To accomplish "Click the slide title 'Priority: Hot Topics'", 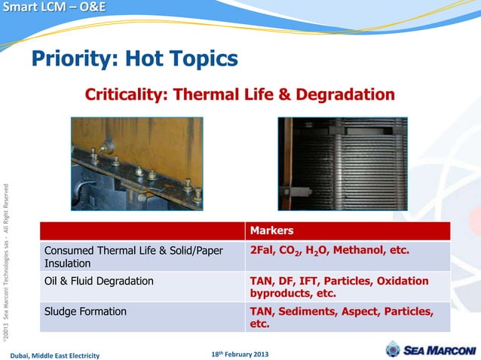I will coord(134,58).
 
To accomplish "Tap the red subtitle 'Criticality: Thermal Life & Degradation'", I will coord(240,95).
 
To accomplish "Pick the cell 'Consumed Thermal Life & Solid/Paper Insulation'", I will coord(134,257).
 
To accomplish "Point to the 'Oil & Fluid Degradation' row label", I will coord(100,282).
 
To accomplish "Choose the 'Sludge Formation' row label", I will coord(85,311).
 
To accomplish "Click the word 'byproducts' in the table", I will coord(281,293).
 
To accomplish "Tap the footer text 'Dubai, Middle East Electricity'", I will coord(54,355).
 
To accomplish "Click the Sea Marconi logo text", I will coord(441,350).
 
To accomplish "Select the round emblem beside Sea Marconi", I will coord(393,349).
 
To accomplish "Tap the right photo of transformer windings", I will coord(342,163).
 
